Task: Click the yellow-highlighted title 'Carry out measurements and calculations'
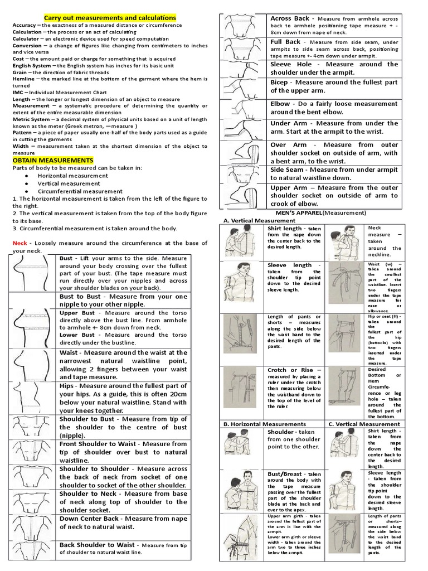tap(110, 18)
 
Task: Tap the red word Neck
tap(20, 243)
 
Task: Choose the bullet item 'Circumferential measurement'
tap(80, 191)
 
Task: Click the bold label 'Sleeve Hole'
tap(292, 65)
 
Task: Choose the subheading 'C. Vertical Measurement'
tap(364, 424)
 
